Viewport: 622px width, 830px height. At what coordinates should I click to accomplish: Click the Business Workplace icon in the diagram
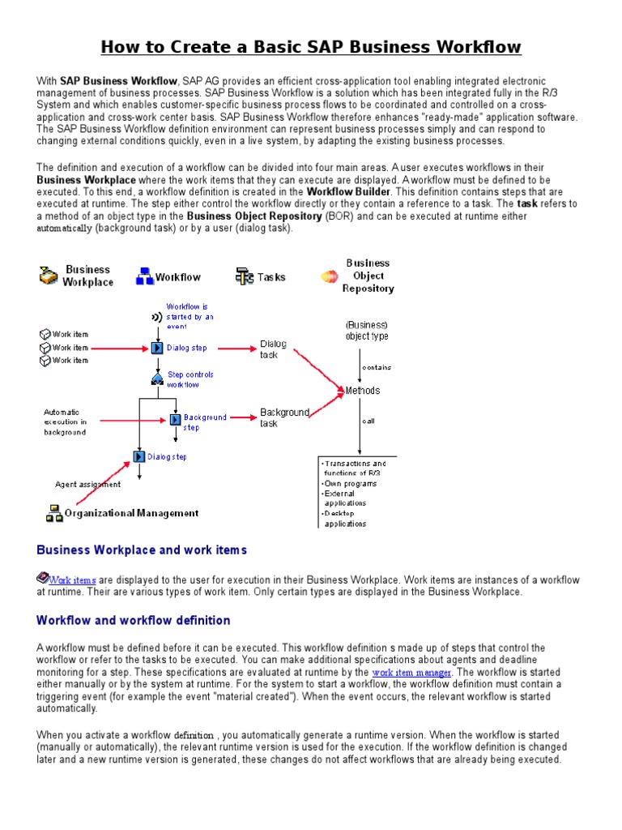(49, 276)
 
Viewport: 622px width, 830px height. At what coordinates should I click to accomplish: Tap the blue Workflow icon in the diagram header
(145, 276)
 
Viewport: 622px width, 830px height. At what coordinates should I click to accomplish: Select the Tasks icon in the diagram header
(245, 276)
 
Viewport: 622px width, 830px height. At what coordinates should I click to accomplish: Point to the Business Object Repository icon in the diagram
(330, 276)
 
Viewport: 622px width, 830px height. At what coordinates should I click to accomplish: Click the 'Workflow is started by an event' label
(190, 316)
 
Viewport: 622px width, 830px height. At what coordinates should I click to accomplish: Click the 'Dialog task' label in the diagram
(273, 349)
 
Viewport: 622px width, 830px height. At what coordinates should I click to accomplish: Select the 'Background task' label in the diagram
(284, 417)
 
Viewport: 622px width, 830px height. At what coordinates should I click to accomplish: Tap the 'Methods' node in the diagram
(362, 391)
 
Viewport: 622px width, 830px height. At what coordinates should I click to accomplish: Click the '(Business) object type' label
(367, 330)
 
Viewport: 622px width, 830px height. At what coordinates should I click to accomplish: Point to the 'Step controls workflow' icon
(157, 379)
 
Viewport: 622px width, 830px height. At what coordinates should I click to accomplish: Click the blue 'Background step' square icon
(175, 419)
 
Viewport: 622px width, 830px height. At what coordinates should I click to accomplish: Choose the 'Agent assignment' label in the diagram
(87, 485)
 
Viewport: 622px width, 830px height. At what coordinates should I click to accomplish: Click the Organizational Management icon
(54, 512)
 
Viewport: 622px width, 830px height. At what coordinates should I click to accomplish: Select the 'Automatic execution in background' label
(65, 421)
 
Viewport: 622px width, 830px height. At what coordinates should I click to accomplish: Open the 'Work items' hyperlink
(72, 580)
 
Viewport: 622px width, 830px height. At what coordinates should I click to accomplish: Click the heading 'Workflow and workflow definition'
(134, 620)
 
